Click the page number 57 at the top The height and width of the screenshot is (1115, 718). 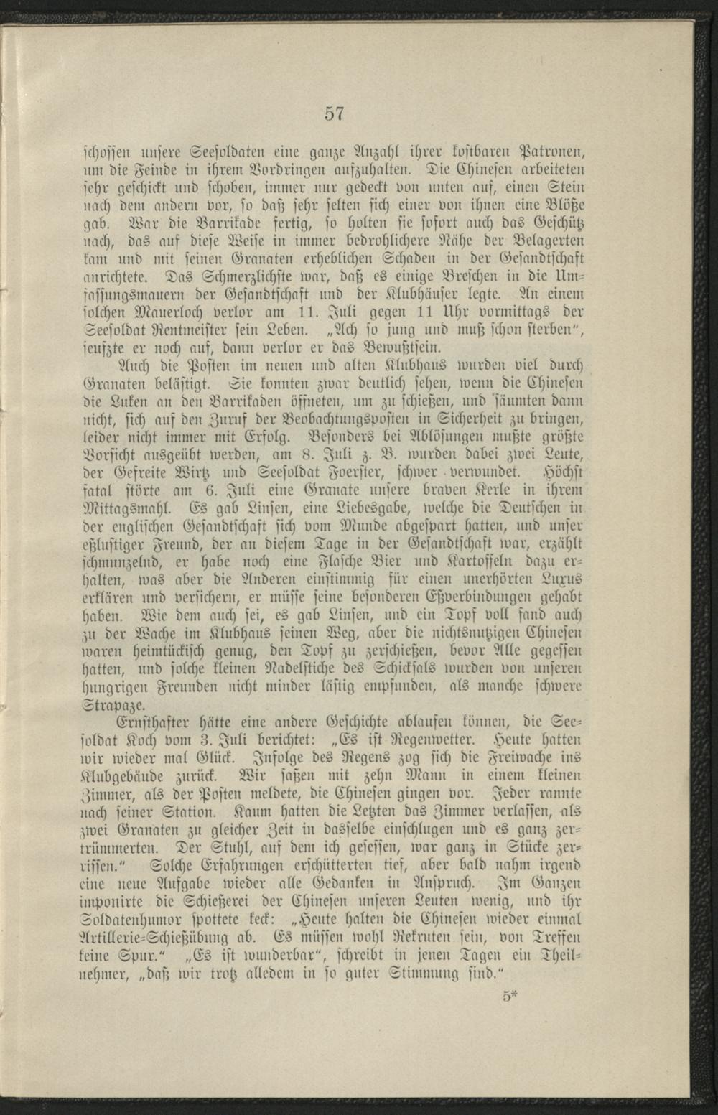pos(334,113)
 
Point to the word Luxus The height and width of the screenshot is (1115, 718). pos(562,579)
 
